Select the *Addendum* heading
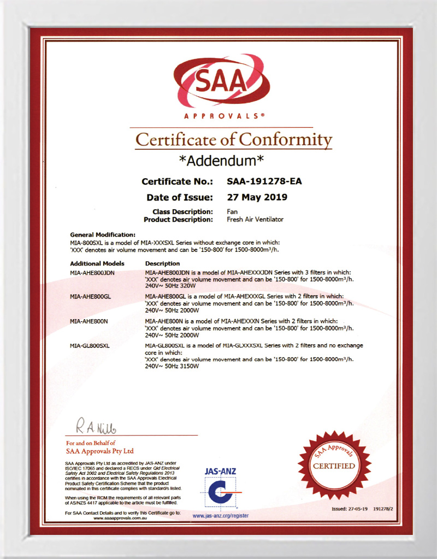[x=222, y=161]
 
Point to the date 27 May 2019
[x=256, y=197]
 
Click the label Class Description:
[x=183, y=211]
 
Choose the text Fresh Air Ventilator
[x=255, y=220]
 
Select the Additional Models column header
[x=97, y=263]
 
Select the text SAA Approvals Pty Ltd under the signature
[x=100, y=451]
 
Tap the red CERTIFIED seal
[x=333, y=466]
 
